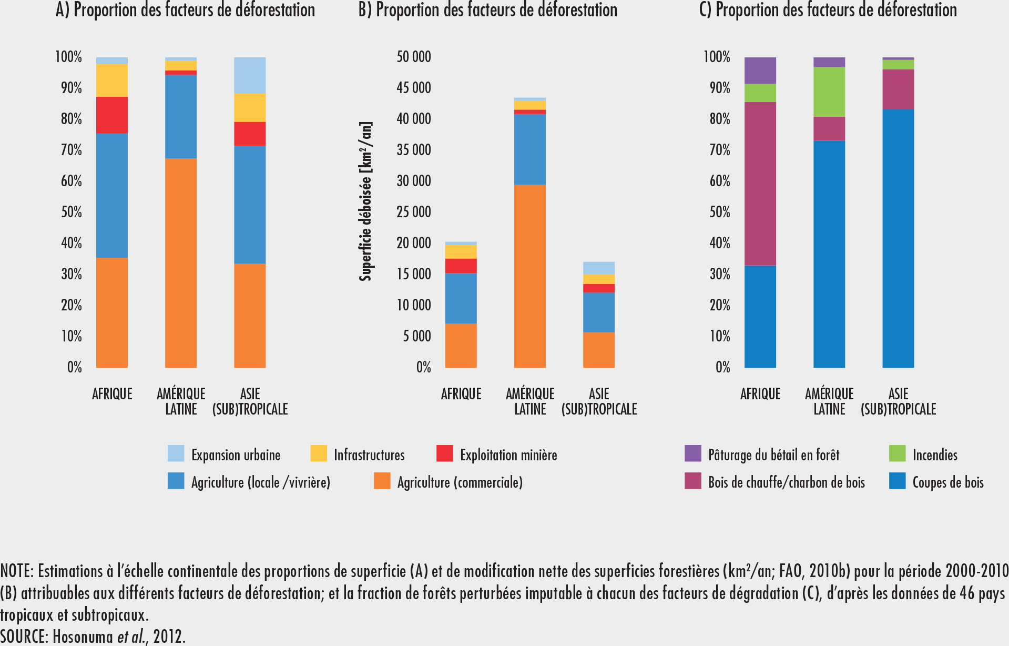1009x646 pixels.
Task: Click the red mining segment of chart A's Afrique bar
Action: point(112,115)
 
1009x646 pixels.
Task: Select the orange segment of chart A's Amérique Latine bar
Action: point(181,263)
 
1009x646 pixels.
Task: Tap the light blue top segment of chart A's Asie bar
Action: point(250,75)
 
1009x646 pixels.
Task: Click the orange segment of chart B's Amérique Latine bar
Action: point(530,276)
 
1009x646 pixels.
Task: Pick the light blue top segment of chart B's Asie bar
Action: point(599,268)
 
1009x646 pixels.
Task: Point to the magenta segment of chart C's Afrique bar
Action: point(760,184)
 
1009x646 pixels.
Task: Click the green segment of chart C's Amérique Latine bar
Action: point(829,92)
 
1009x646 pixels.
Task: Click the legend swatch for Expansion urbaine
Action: point(176,453)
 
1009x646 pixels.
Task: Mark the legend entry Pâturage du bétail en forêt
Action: point(773,455)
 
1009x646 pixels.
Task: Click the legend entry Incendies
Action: point(935,455)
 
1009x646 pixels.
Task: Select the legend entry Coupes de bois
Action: point(947,482)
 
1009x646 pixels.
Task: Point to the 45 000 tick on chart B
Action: point(414,87)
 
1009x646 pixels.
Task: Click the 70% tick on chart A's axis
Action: point(72,150)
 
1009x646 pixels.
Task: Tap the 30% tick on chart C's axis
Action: point(720,274)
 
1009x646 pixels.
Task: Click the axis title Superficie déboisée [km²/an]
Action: point(366,201)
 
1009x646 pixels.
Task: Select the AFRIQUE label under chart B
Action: point(461,394)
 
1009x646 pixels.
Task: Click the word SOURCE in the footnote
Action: point(24,637)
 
